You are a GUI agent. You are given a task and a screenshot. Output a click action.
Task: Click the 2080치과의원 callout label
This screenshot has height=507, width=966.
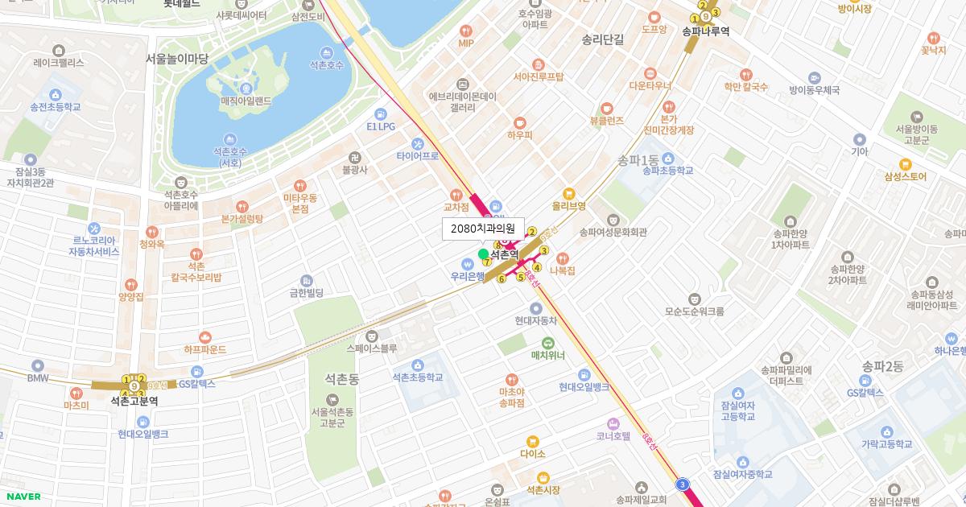tap(483, 229)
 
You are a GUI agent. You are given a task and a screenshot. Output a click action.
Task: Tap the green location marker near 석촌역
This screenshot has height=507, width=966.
tap(484, 254)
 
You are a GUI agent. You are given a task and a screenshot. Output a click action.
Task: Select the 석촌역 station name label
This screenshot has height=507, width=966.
tap(505, 254)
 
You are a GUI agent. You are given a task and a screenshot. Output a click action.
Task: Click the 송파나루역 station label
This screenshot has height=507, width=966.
tap(705, 31)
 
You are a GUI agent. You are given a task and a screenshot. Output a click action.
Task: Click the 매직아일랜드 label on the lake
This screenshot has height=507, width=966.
tap(246, 101)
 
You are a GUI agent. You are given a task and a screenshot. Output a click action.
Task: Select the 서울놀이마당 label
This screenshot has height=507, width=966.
tap(177, 59)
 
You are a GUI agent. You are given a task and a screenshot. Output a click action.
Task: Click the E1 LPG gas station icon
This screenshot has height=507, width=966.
tap(381, 113)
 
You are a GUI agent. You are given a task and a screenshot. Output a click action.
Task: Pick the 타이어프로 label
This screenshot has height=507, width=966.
tap(417, 155)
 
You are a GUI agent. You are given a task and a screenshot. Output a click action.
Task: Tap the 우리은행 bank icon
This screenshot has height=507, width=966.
tap(467, 263)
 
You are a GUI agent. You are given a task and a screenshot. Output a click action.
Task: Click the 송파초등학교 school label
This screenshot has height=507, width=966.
tap(668, 171)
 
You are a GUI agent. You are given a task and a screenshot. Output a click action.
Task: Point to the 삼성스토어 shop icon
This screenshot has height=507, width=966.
tap(905, 163)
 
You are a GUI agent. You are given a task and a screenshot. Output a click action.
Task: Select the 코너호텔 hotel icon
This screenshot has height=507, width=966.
tap(613, 423)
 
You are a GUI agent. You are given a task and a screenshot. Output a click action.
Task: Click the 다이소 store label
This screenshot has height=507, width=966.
tap(532, 454)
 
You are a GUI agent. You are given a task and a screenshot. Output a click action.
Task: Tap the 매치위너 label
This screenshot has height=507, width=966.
tap(547, 355)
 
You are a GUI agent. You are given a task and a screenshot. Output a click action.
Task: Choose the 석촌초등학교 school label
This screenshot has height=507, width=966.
tap(417, 377)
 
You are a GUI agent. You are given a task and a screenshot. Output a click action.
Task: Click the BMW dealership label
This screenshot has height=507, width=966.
tap(38, 378)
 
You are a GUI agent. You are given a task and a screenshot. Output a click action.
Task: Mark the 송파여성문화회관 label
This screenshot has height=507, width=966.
tap(613, 232)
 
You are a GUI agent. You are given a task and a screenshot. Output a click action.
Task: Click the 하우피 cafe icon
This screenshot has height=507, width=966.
tap(520, 122)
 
